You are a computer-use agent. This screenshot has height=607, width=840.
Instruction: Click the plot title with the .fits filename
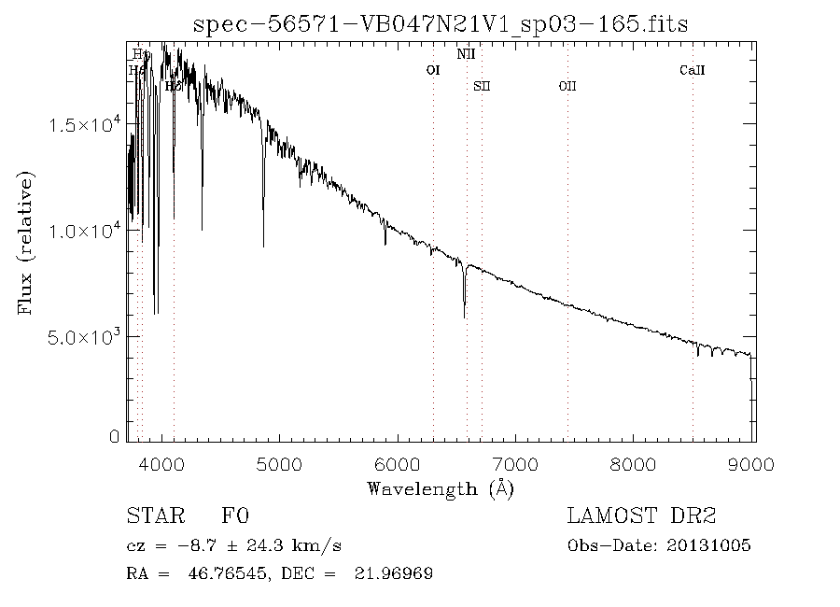click(440, 24)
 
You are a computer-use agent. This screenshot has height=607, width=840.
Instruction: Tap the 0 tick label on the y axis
click(114, 436)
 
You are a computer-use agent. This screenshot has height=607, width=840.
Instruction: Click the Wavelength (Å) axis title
click(440, 488)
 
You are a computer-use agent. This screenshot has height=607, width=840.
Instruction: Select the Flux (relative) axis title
click(25, 243)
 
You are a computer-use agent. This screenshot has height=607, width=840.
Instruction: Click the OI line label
click(433, 70)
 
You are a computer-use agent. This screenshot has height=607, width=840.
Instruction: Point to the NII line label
click(466, 54)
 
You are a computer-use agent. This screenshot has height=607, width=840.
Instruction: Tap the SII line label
click(482, 86)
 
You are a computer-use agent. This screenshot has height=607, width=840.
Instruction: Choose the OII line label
click(567, 86)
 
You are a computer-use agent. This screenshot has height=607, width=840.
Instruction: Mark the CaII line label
click(692, 70)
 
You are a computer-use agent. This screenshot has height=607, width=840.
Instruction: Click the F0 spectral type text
click(235, 516)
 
